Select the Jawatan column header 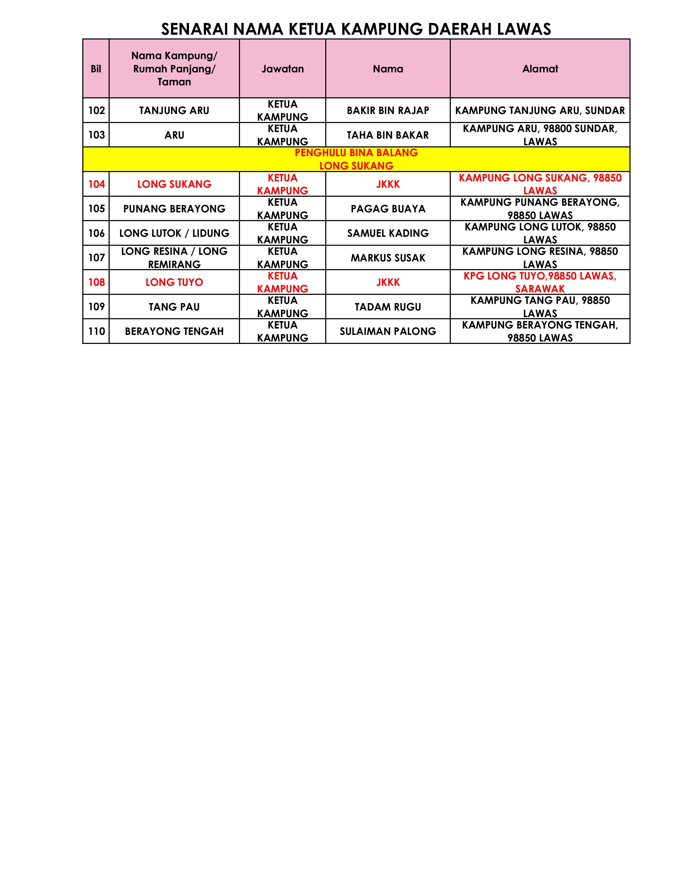coord(283,69)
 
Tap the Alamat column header coord(540,69)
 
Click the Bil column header coord(96,69)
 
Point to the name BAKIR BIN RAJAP coord(388,111)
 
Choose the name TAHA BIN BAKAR coord(388,135)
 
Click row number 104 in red coord(96,184)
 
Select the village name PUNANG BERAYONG coord(174,209)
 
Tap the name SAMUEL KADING coord(388,233)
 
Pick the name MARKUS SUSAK coord(388,258)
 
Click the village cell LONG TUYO coord(174,282)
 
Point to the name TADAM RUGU coord(388,307)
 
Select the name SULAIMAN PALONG coord(388,331)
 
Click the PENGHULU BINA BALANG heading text coord(356,153)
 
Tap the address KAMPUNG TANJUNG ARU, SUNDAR coord(540,111)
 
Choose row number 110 coord(96,331)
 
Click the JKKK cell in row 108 coord(388,282)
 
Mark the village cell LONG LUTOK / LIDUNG coord(174,233)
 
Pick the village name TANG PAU coord(174,307)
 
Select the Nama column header coord(388,69)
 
